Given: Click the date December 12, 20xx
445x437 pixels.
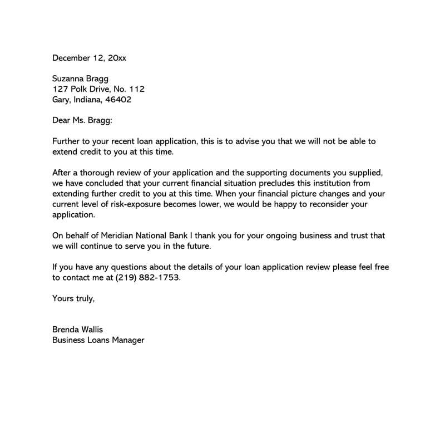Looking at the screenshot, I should tap(89, 57).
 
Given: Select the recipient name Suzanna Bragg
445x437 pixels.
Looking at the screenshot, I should tap(80, 78).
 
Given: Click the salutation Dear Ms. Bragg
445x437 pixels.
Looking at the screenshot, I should tap(82, 120).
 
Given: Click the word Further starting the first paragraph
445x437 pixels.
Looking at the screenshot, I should tap(67, 141).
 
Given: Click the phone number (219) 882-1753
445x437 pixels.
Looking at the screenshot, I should tap(149, 277).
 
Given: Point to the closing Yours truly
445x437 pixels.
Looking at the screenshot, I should tap(73, 298).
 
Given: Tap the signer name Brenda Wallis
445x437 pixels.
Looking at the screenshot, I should tap(77, 330).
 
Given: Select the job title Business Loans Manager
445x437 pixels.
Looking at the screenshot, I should tap(98, 340).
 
